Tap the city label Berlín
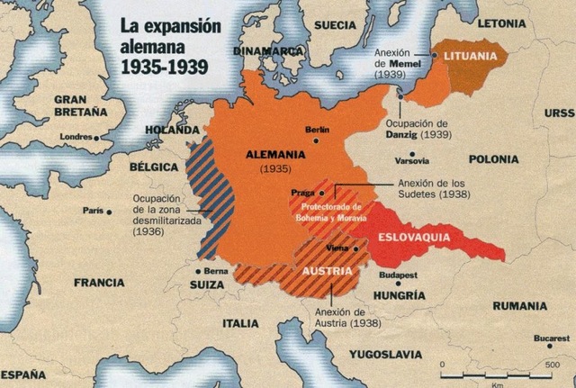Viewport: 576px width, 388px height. [318, 131]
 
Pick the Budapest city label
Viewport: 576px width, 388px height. [397, 275]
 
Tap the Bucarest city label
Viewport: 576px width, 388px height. [551, 338]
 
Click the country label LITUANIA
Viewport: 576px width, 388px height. [471, 57]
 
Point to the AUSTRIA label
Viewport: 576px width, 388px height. [326, 270]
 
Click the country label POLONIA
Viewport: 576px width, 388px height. [492, 159]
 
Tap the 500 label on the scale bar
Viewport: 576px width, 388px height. [552, 365]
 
